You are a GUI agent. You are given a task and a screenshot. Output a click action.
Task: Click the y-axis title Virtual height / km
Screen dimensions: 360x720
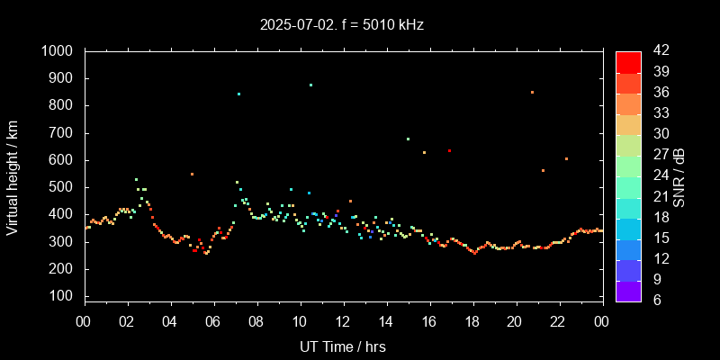[x=13, y=179]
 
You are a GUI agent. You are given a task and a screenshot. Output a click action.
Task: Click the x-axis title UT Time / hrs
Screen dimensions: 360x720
[x=343, y=346]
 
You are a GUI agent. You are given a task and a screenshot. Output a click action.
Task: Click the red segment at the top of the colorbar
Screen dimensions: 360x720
[x=628, y=61]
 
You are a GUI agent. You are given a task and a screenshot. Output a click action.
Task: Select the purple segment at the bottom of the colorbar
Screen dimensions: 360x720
[x=628, y=290]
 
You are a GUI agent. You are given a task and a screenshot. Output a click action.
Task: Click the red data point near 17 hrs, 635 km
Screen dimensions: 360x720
[x=449, y=151]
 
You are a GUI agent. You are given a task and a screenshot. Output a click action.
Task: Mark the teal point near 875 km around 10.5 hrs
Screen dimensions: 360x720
[x=310, y=85]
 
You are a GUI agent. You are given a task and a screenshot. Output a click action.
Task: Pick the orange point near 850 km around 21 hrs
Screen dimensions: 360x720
[x=532, y=92]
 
